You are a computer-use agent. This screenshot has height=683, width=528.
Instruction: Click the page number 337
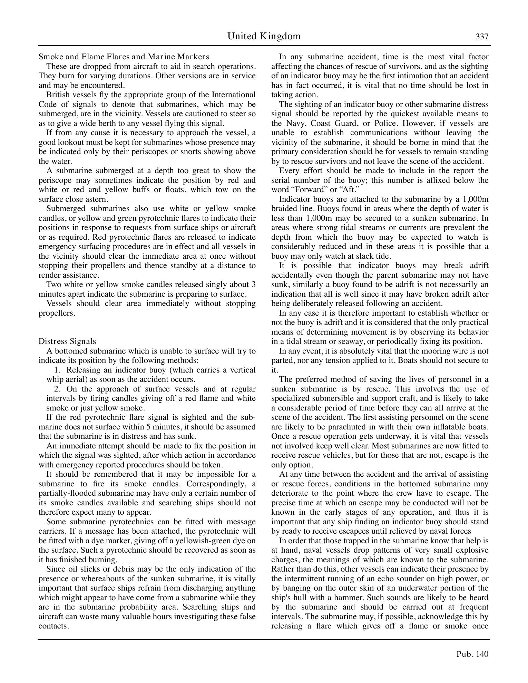click(x=482, y=37)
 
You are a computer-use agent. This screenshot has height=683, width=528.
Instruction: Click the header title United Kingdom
click(x=264, y=36)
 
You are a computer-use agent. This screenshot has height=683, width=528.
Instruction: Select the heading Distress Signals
click(x=67, y=341)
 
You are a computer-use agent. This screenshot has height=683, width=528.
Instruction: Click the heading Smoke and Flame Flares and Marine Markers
click(x=124, y=57)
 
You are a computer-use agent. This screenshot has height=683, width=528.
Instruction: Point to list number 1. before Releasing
click(x=58, y=370)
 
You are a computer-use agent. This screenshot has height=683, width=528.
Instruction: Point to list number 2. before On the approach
click(x=58, y=389)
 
